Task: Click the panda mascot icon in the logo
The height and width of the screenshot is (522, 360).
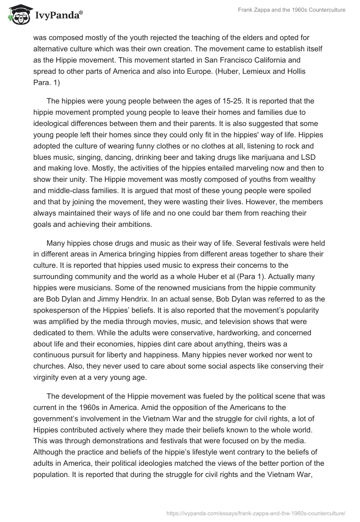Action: (17, 15)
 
